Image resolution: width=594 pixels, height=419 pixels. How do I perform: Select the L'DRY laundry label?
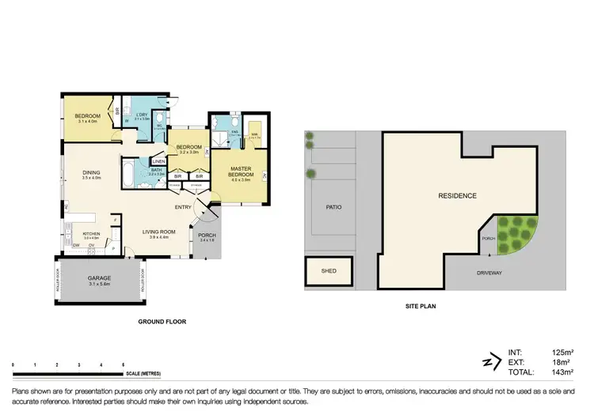click(x=143, y=115)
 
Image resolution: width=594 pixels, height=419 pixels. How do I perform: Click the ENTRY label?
click(x=184, y=208)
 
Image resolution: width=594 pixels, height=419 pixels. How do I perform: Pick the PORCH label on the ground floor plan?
click(x=208, y=236)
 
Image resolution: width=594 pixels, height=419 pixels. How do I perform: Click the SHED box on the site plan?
click(x=329, y=271)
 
